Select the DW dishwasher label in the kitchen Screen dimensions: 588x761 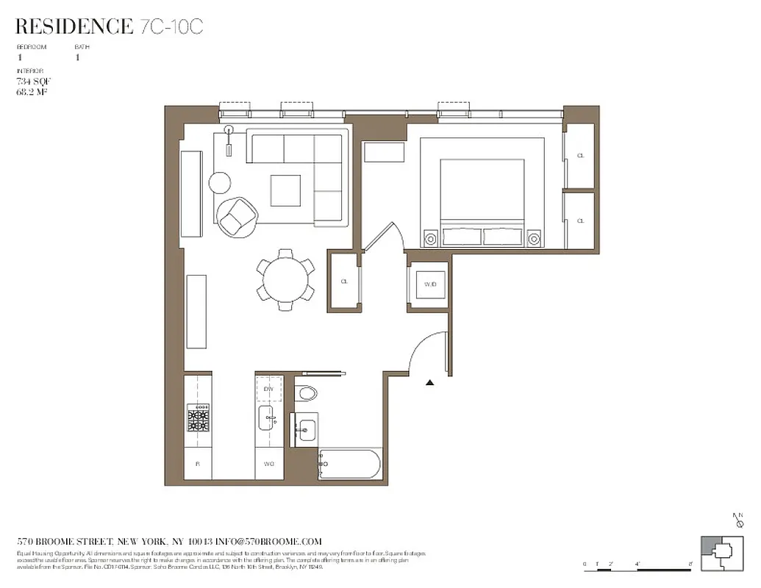coord(268,388)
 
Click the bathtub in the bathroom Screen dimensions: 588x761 coord(349,465)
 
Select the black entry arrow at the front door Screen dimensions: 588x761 coord(430,382)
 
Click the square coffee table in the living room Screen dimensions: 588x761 coord(285,190)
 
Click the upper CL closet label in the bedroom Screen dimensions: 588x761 coord(580,156)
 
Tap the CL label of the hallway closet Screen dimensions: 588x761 coord(344,281)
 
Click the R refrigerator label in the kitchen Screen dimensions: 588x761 coord(198,465)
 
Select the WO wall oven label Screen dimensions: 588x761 coord(268,465)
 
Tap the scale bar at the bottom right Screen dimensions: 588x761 coord(639,565)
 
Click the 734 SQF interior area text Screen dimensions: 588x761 coord(33,81)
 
